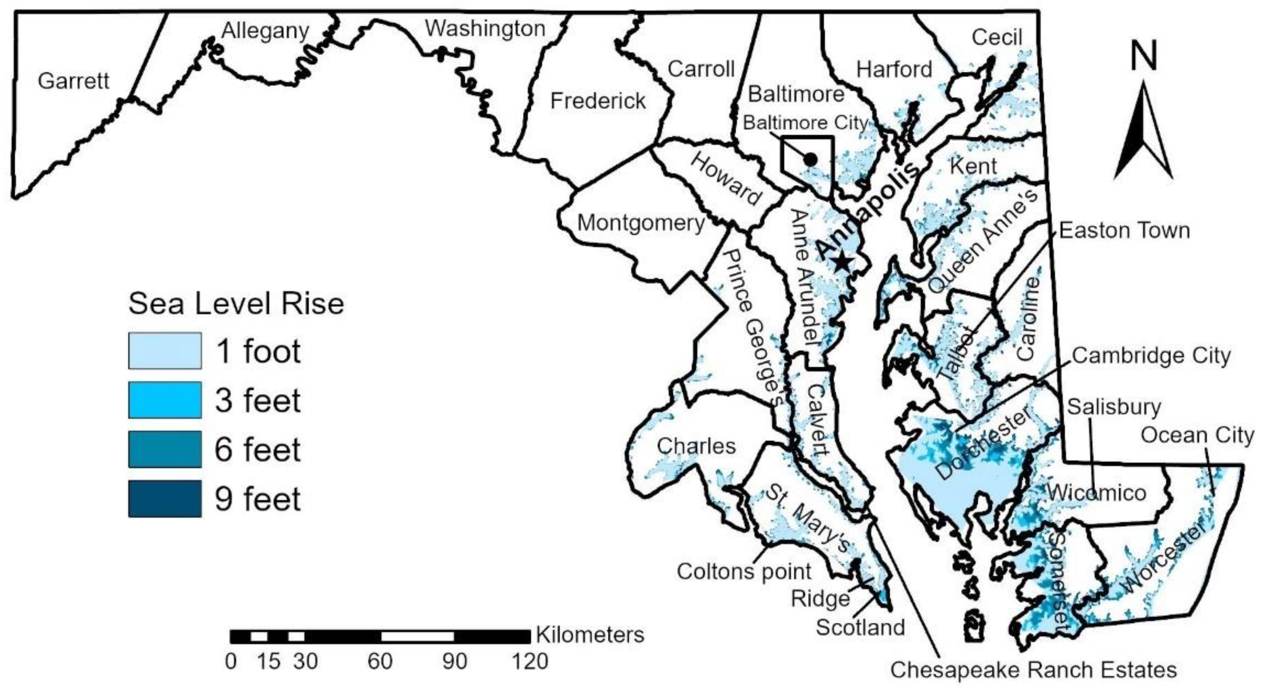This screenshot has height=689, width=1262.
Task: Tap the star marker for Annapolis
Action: point(842,262)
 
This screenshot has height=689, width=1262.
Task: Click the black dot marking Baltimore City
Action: point(810,159)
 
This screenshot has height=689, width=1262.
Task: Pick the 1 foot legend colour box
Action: point(165,351)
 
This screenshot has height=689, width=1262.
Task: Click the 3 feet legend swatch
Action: point(165,400)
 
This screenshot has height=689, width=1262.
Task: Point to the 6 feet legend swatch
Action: point(165,450)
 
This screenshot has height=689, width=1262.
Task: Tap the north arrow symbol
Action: point(1143,132)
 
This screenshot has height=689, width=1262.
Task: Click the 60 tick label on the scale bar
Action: point(380,662)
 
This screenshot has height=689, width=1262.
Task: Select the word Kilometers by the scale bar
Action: point(590,635)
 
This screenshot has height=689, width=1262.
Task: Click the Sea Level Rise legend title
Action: point(236,304)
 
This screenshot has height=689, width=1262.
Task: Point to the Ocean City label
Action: point(1197,435)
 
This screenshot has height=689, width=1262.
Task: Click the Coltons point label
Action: point(744,571)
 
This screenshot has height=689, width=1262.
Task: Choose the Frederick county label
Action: point(598,101)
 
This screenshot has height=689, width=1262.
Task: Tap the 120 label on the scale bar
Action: point(530,662)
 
